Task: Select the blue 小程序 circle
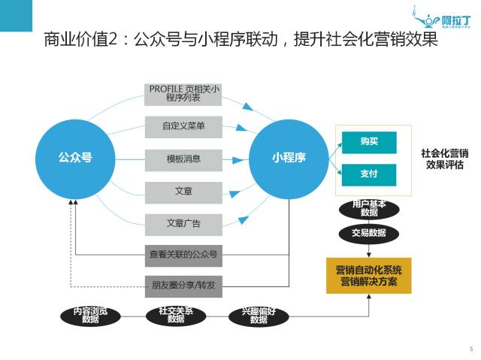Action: click(x=289, y=158)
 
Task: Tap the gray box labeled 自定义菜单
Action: click(x=183, y=126)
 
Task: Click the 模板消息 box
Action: click(x=183, y=159)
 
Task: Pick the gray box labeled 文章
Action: click(x=183, y=192)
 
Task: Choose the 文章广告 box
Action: click(x=183, y=223)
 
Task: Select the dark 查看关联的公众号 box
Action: click(x=183, y=255)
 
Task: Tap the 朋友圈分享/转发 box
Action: click(x=183, y=284)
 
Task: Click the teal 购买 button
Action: click(x=368, y=141)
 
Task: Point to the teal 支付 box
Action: click(x=368, y=174)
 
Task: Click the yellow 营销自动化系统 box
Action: click(x=368, y=275)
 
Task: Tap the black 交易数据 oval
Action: click(x=368, y=233)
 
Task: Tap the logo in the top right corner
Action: click(x=442, y=16)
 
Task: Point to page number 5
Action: click(x=470, y=349)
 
